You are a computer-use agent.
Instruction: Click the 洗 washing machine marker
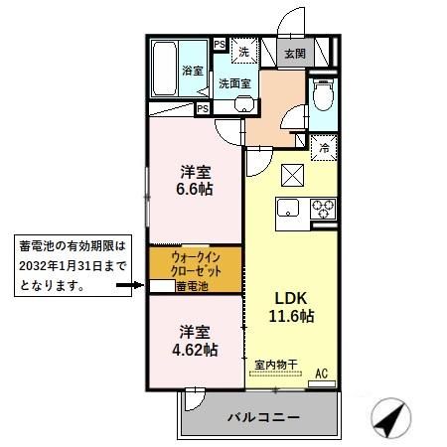click(x=242, y=50)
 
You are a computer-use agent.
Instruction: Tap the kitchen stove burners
click(x=323, y=209)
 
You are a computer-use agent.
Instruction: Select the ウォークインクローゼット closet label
click(x=194, y=263)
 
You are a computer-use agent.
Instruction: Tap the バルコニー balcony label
click(x=260, y=417)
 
